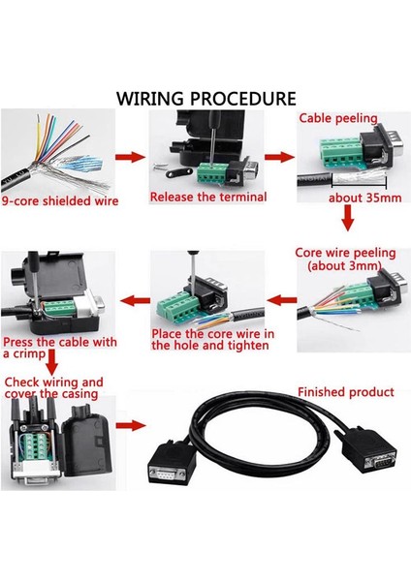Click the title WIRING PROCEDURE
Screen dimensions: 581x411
[x=205, y=99]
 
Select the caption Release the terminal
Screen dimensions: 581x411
[x=199, y=198]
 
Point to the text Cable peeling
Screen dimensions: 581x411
[x=337, y=118]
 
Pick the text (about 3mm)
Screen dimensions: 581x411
[x=344, y=265]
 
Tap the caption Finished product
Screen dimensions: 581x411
[x=346, y=392]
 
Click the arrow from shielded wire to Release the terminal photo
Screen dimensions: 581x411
[x=126, y=155]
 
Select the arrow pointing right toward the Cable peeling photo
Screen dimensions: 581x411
[x=279, y=155]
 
